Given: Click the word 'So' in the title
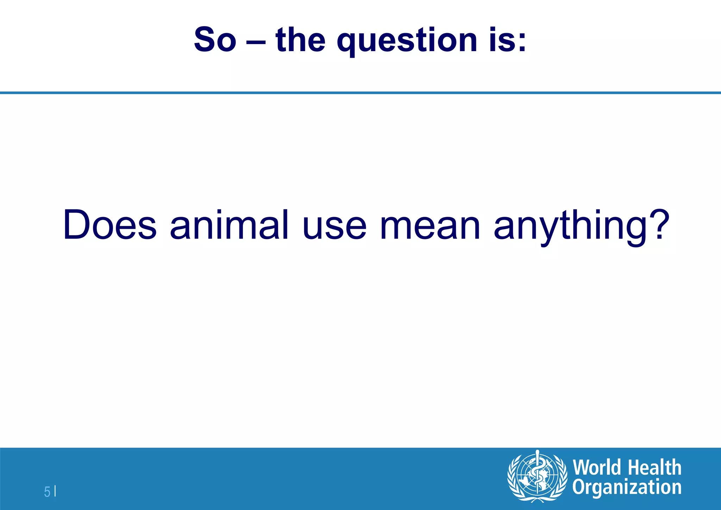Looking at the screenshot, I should pyautogui.click(x=215, y=39).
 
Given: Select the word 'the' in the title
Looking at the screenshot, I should pyautogui.click(x=300, y=39).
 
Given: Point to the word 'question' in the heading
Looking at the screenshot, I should pyautogui.click(x=407, y=42).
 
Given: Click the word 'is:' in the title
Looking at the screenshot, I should pyautogui.click(x=507, y=39).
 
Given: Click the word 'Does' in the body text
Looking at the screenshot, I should pyautogui.click(x=109, y=225).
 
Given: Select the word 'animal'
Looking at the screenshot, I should pyautogui.click(x=229, y=225).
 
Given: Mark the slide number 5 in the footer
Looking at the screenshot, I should pyautogui.click(x=47, y=491).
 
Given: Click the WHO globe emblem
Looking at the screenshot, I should pyautogui.click(x=537, y=476).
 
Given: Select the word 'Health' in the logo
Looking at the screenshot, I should pyautogui.click(x=654, y=467).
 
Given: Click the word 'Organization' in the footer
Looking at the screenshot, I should pyautogui.click(x=627, y=488).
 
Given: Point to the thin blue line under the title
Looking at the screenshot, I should pyautogui.click(x=360, y=93).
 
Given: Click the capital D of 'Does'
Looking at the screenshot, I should pyautogui.click(x=77, y=225).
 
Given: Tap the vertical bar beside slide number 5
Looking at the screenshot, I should pyautogui.click(x=55, y=491).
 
